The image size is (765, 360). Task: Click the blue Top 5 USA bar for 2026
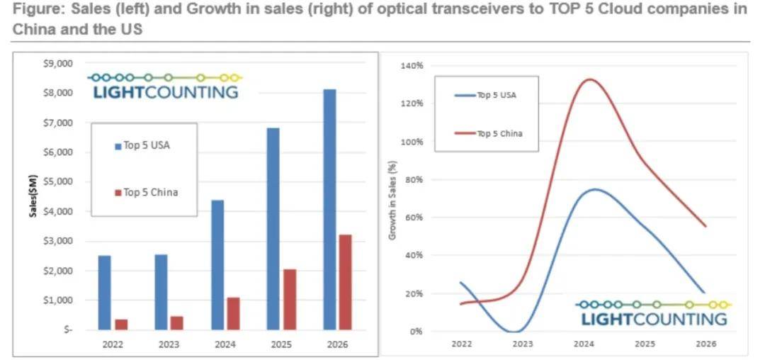[x=329, y=209]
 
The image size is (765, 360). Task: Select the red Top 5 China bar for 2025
[x=290, y=299]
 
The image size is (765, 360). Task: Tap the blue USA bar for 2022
[x=104, y=292]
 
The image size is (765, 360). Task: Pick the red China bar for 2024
[x=233, y=313]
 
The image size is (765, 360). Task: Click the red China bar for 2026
[x=346, y=282]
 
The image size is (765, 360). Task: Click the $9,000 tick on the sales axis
[x=58, y=63]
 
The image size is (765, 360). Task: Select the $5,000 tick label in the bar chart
[x=58, y=181]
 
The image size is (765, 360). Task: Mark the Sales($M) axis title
[x=33, y=196]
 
